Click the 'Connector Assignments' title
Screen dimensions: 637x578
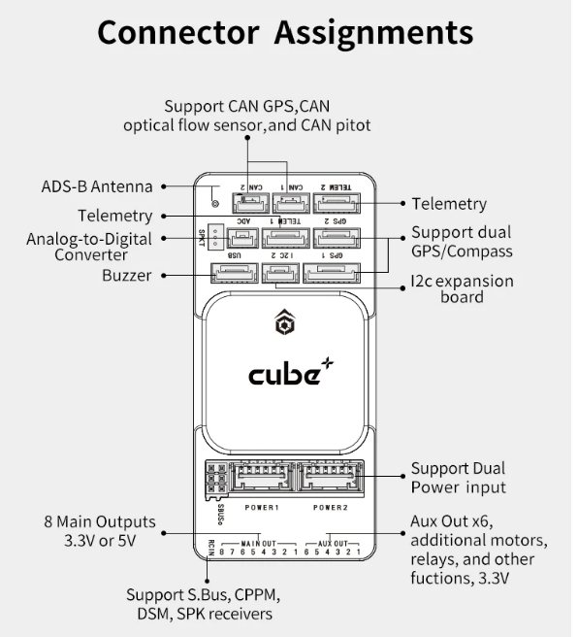(x=285, y=33)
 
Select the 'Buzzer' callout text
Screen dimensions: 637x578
(x=126, y=276)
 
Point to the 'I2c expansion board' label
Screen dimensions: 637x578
(x=462, y=289)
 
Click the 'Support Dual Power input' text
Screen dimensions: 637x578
(x=458, y=477)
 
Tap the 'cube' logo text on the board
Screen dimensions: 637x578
(x=284, y=373)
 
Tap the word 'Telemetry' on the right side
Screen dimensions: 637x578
(x=449, y=204)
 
